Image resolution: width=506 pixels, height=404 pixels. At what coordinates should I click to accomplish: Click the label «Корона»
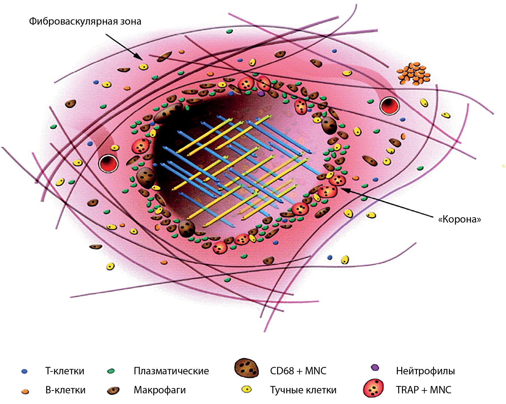459,219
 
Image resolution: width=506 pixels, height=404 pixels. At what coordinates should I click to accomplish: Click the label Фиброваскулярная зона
85,21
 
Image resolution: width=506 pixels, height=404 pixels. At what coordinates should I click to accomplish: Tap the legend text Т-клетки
65,371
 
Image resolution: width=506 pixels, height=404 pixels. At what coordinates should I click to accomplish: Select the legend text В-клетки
65,390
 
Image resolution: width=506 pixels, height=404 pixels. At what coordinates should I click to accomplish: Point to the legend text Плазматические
171,371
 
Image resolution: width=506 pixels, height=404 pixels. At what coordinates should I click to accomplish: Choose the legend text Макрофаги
160,390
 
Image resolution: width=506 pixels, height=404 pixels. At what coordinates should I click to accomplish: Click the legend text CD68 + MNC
298,371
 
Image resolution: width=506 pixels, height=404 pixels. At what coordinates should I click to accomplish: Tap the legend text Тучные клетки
303,390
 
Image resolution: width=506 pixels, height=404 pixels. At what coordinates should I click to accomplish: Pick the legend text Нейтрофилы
425,371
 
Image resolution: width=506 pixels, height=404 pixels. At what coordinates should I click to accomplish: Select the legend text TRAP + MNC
424,390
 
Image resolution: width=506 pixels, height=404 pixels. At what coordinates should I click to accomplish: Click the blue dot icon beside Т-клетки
25,372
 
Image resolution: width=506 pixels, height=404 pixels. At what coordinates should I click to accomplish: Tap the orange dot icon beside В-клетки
25,391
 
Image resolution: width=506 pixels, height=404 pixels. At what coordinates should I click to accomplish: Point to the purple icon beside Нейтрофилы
375,367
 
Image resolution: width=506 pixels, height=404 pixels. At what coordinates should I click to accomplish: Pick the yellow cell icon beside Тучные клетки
246,389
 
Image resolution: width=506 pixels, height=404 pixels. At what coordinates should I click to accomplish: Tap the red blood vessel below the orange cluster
389,106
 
